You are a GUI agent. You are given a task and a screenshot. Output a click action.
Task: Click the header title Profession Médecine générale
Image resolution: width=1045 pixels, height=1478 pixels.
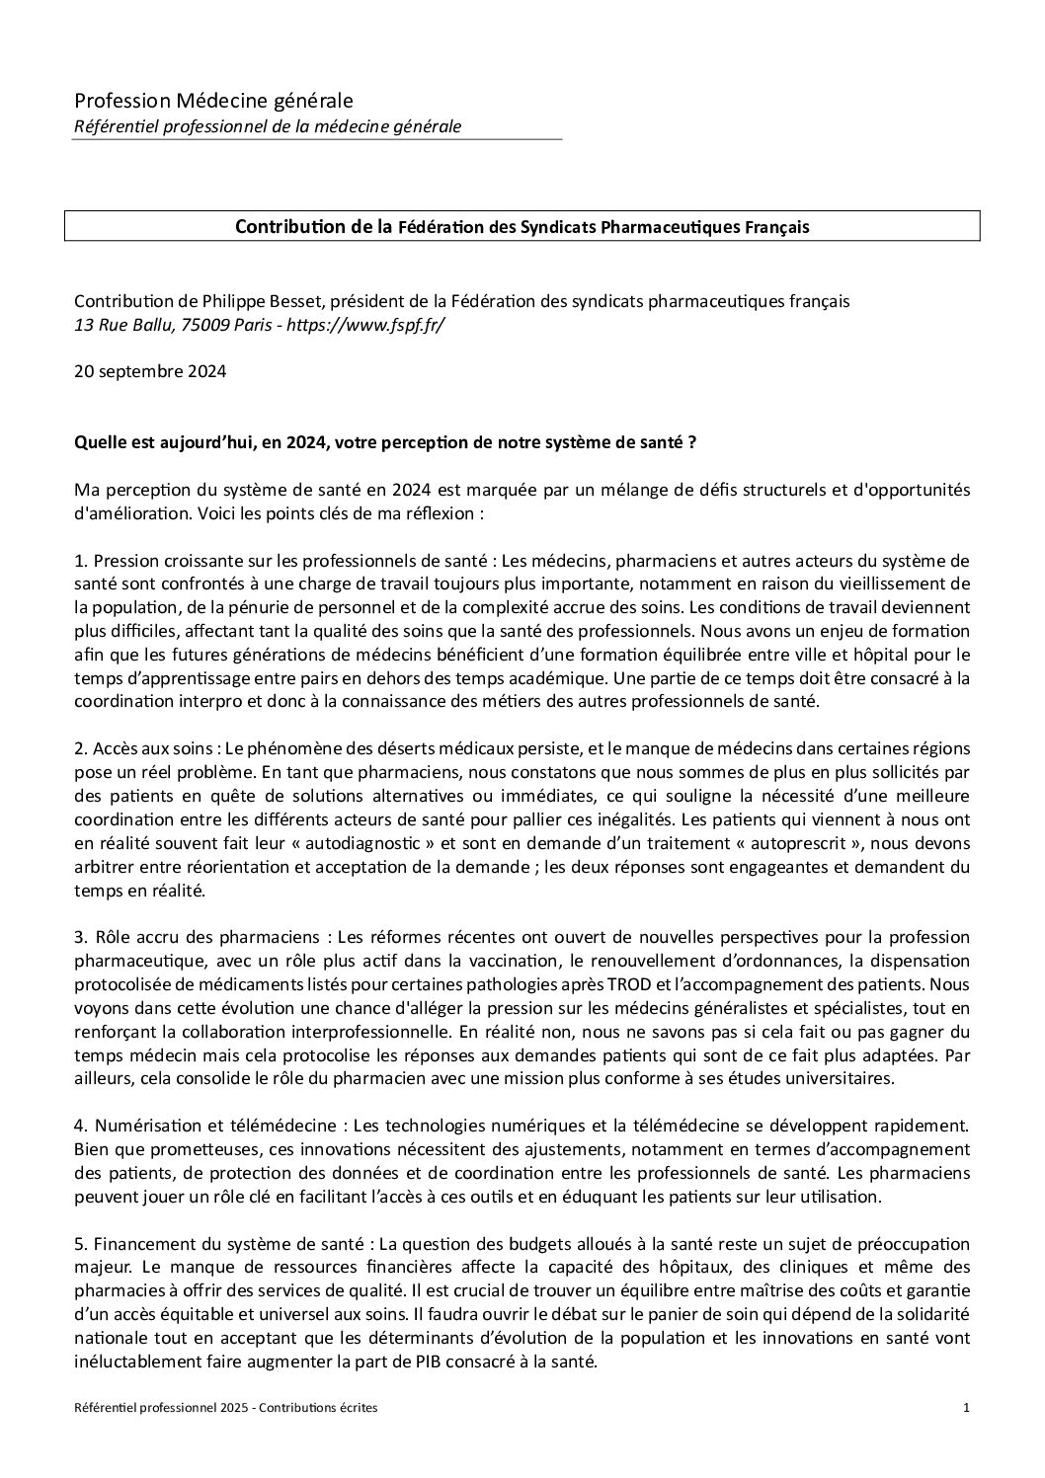(213, 100)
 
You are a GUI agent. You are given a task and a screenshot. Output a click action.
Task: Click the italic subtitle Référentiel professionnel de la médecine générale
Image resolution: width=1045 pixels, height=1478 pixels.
(268, 126)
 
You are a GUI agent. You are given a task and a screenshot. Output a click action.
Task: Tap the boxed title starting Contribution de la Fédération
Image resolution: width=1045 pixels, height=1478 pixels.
(522, 227)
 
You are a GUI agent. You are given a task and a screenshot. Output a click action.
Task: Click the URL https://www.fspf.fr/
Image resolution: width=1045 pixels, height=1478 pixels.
(365, 325)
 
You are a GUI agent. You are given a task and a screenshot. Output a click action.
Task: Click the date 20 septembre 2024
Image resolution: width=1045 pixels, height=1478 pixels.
(150, 372)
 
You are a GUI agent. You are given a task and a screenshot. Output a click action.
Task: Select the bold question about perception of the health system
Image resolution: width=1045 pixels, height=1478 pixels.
(386, 442)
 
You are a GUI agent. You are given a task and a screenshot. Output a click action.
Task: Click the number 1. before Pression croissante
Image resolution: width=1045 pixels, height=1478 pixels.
(80, 561)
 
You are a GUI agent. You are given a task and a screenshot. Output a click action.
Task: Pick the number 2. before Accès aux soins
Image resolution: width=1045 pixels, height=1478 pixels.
(80, 748)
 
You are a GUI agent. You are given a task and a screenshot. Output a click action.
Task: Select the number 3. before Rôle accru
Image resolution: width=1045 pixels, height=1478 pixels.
(80, 936)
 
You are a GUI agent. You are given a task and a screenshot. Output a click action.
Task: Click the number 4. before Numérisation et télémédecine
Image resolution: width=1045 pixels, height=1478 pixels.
(80, 1126)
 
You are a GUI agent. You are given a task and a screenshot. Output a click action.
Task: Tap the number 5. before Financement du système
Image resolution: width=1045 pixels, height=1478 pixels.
(80, 1244)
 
